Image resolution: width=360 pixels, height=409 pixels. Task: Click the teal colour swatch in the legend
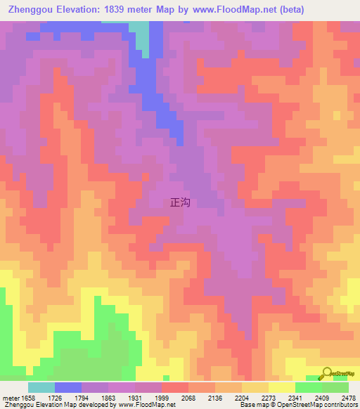41,387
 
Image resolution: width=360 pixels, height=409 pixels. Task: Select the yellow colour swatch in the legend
281,387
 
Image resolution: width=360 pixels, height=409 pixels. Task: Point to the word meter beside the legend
11,397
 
